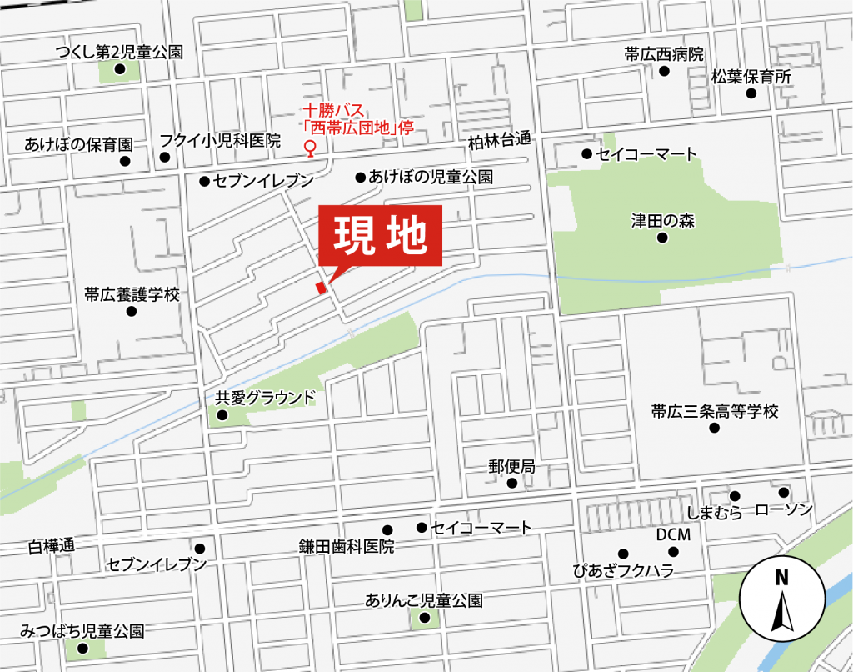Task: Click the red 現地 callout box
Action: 380,236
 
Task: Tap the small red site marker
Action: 320,288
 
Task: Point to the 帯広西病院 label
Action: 664,54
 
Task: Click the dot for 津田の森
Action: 662,238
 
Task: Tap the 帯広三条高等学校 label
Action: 714,411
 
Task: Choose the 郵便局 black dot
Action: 511,483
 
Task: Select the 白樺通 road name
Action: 51,546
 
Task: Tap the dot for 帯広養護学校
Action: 131,312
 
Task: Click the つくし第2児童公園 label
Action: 118,53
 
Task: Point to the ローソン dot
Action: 783,492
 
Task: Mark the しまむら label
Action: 715,514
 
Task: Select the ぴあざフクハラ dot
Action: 622,554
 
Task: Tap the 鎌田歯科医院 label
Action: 346,547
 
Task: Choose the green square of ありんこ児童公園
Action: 426,618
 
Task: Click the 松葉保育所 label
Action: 751,77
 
